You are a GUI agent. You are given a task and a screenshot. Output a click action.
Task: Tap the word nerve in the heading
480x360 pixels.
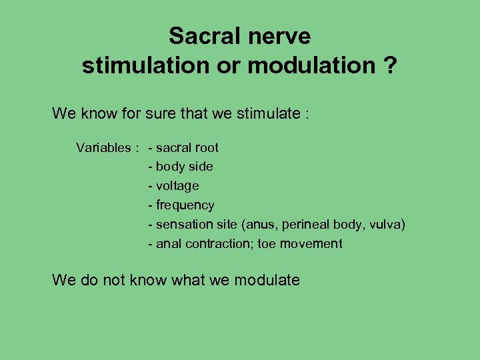coord(280,36)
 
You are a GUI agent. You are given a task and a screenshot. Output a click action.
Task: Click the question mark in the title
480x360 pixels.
coord(392,66)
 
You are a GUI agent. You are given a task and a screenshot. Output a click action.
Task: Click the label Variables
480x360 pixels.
coord(103,147)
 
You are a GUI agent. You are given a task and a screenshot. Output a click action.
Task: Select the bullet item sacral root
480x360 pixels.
coord(187,147)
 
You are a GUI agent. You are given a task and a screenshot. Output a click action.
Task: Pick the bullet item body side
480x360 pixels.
coord(184,167)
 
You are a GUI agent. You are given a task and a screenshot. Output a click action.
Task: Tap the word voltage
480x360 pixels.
coord(177,186)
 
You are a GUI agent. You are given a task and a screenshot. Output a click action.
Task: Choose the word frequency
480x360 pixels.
coord(185,205)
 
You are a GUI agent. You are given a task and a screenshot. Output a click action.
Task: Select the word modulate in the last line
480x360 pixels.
coord(266,280)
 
